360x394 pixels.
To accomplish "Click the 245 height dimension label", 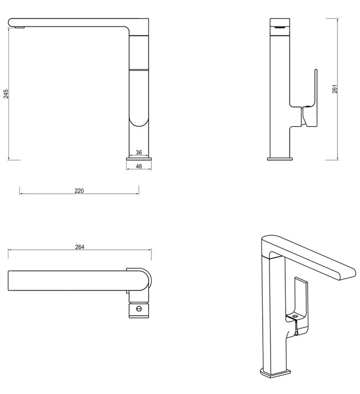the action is tap(6, 94).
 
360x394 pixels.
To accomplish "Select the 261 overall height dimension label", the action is tap(335, 89).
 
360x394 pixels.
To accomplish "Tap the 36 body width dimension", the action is tap(138, 153).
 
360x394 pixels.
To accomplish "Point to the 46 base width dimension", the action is tap(138, 166).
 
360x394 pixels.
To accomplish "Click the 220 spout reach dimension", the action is tap(79, 191).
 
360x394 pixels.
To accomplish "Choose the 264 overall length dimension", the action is tap(79, 247).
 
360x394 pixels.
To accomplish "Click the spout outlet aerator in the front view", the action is tap(19, 28).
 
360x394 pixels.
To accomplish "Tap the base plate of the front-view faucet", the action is tap(139, 159).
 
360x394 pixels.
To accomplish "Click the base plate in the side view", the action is tap(280, 159).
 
